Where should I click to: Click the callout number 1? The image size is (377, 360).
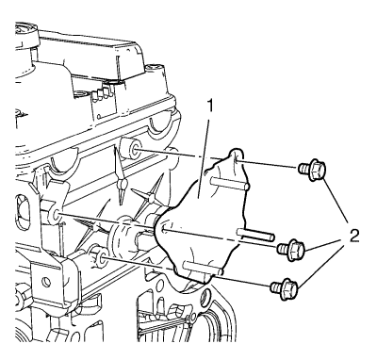210,107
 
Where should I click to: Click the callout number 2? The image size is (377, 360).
354,235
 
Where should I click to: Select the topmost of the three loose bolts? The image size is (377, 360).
312,170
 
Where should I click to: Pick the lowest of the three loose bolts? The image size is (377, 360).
284,287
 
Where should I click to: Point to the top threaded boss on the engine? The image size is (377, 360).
131,148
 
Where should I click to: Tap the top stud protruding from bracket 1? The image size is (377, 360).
230,183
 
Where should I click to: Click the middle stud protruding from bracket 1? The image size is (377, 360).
256,234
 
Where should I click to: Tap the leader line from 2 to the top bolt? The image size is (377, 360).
336,201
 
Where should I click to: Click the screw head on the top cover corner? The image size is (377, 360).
156,68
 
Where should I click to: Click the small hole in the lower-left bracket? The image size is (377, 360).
45,281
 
